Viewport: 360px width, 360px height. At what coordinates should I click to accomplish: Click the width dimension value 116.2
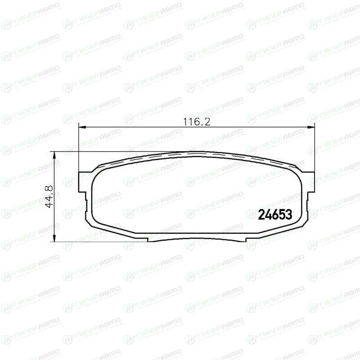pos(197,121)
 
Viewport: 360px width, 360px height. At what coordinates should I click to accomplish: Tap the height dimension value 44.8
pos(49,197)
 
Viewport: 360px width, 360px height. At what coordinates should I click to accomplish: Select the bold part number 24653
pos(275,215)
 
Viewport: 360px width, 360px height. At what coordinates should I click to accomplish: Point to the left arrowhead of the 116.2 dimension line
pos(82,127)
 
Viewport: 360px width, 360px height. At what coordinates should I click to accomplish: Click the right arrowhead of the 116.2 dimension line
pos(311,127)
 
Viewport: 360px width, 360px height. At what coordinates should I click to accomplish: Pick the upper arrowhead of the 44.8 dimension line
pos(54,155)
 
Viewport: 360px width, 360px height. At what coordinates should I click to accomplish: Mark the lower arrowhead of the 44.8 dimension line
pos(54,238)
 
